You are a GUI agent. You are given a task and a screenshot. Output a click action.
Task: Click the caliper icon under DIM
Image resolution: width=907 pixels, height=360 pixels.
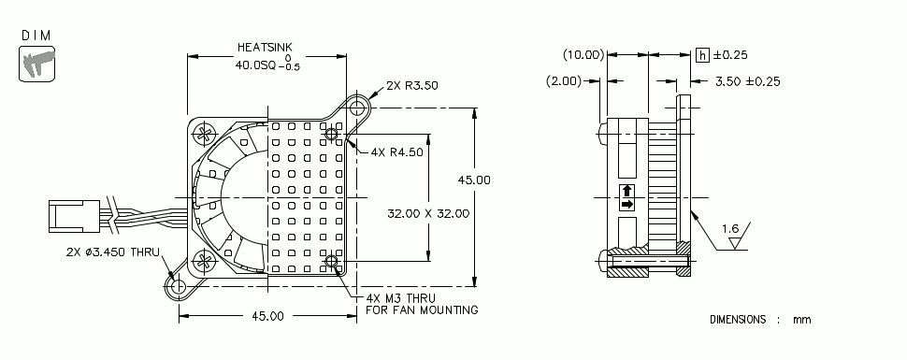(x=36, y=65)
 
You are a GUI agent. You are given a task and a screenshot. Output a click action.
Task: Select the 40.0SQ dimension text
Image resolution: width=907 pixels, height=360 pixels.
(x=259, y=65)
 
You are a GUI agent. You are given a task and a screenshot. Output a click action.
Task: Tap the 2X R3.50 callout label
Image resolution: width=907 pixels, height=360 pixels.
(x=411, y=85)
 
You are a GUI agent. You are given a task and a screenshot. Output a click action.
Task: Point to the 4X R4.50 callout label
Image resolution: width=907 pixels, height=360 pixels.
(x=397, y=151)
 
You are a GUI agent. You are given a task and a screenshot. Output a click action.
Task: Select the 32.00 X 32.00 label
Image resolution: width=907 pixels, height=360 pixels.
(x=428, y=213)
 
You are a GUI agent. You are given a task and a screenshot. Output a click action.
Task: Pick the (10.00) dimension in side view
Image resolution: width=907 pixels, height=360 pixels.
(x=583, y=55)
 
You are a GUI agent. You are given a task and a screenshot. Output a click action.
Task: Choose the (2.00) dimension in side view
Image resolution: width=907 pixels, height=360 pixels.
(x=564, y=81)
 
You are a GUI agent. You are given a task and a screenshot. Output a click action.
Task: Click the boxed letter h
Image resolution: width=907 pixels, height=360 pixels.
(x=702, y=55)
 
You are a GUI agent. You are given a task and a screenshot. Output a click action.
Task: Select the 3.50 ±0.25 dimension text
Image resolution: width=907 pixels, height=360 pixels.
(x=747, y=81)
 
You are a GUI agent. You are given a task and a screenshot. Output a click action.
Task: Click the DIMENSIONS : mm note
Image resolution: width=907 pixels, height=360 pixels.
(x=759, y=320)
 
